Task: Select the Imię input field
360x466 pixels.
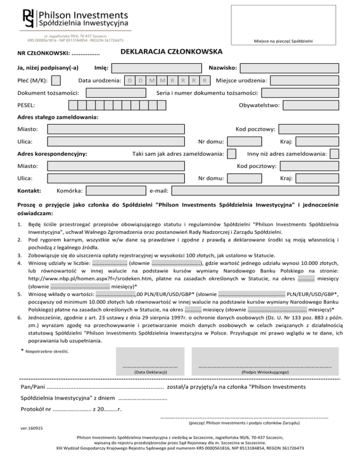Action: [157, 68]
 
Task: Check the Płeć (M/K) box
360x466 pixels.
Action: [56, 81]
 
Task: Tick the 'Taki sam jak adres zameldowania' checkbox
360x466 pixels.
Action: [231, 153]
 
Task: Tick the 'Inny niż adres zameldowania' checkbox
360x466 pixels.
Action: [335, 153]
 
